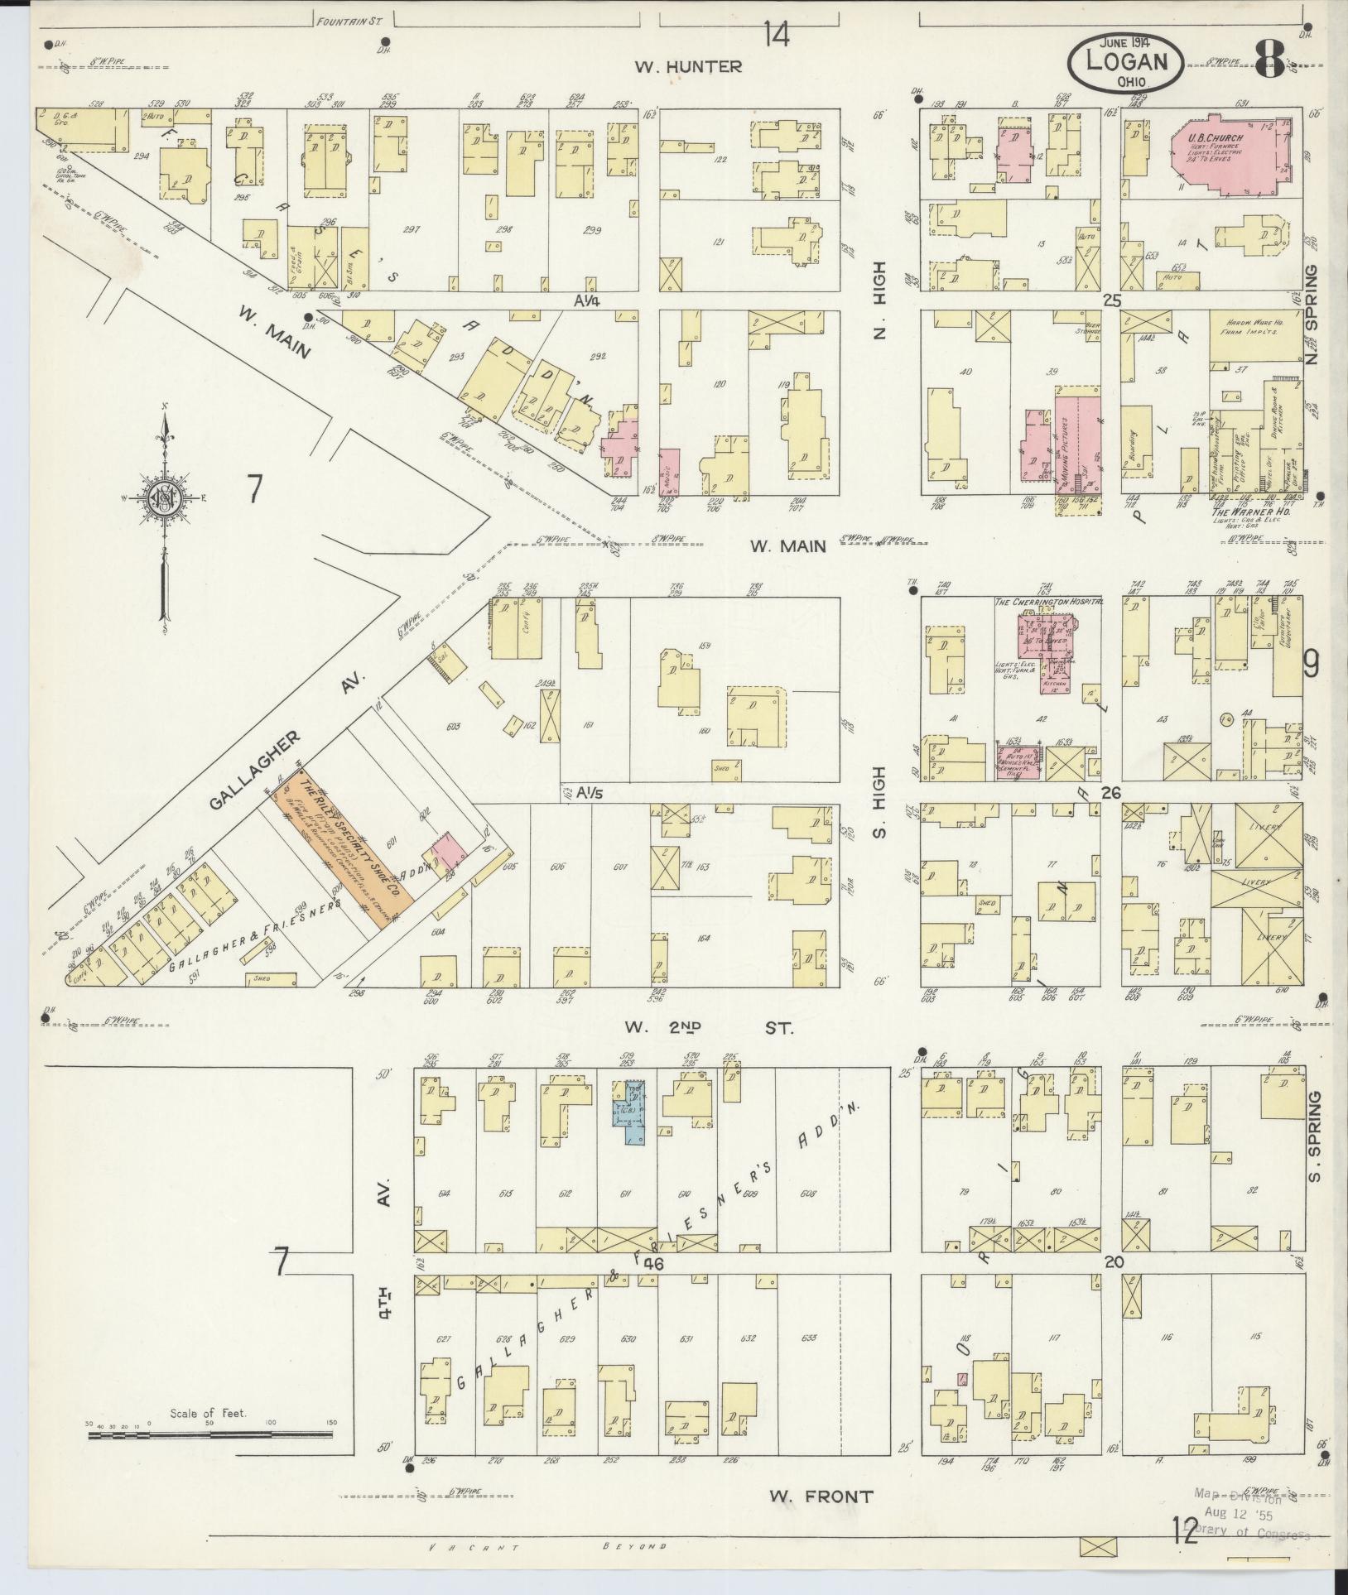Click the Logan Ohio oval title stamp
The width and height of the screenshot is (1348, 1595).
pos(1125,62)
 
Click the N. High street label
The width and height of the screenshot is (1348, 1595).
pos(879,300)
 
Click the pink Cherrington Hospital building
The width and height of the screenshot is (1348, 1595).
pos(1043,643)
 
